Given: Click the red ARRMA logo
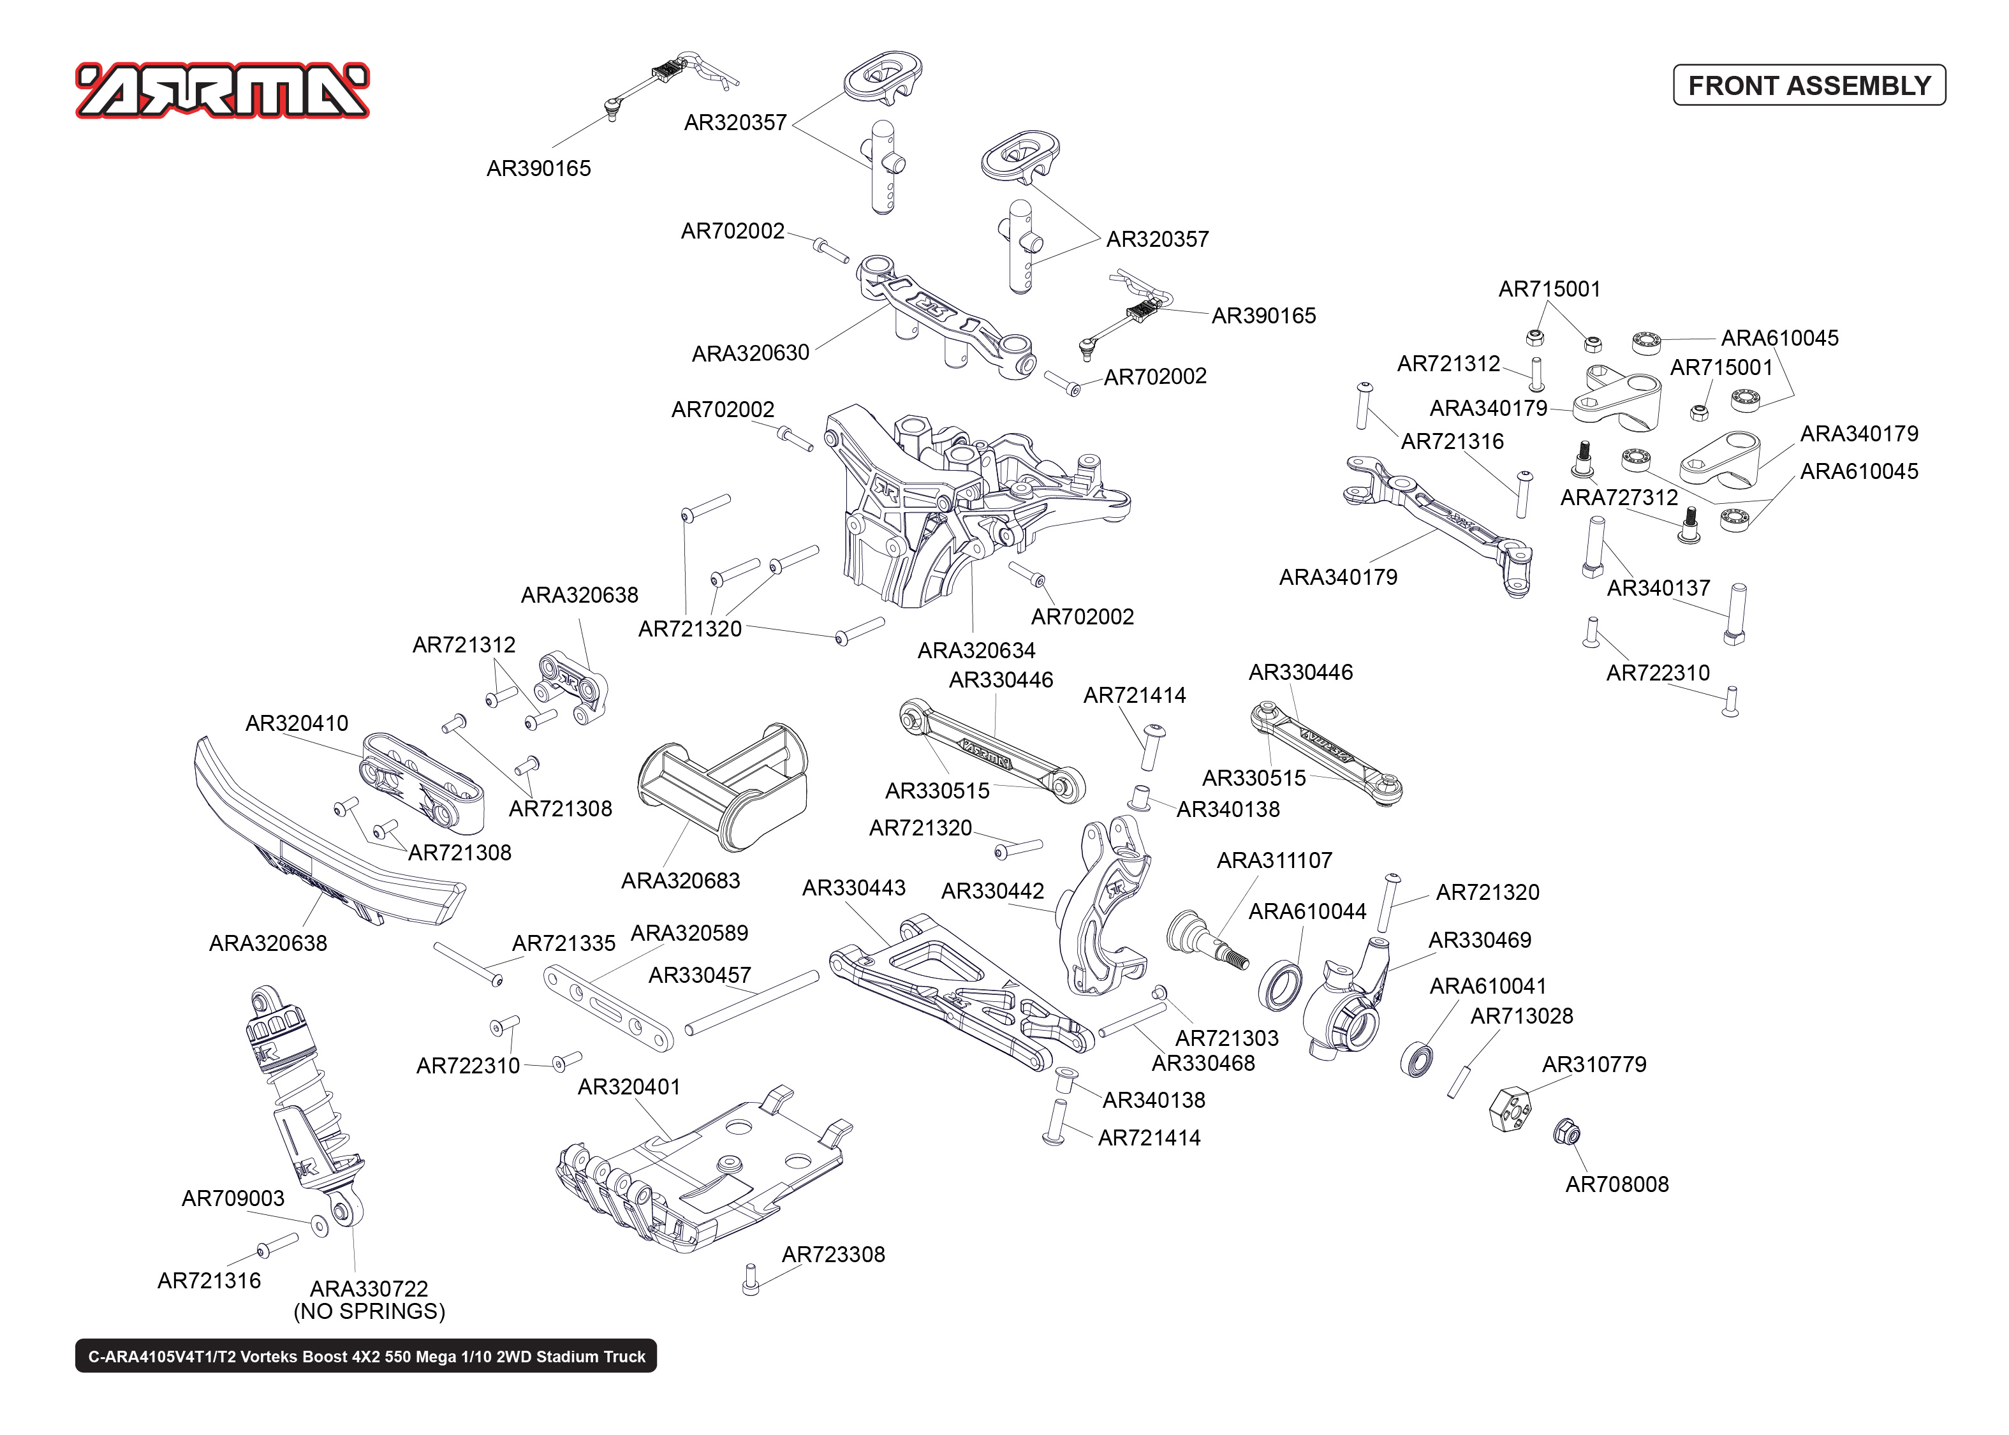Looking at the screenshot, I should click(223, 90).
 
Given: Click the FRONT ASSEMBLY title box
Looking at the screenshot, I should click(1809, 85).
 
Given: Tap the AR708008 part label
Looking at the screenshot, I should click(1616, 1184).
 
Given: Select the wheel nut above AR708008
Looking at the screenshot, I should click(1566, 1132).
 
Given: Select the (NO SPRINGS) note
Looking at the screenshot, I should click(369, 1311).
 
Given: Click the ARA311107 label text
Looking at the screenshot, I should click(1274, 860).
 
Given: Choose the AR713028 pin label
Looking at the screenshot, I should click(1520, 1016).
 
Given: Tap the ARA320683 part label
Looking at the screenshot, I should click(681, 880).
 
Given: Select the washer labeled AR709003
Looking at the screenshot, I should click(320, 1226).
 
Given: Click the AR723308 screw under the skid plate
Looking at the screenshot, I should click(750, 1279).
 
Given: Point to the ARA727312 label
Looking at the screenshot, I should click(1619, 497).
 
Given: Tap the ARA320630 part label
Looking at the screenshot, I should click(750, 353).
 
